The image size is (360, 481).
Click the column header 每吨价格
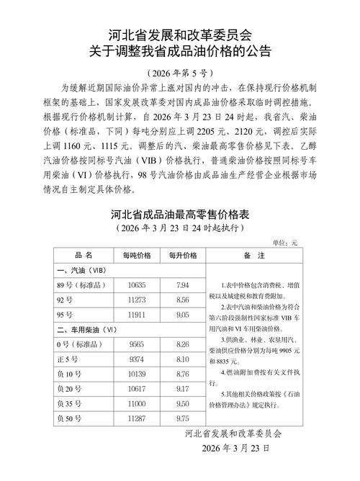137,255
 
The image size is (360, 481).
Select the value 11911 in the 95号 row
137,315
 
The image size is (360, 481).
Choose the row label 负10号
68,374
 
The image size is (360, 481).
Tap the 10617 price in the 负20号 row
137,389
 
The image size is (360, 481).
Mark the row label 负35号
68,403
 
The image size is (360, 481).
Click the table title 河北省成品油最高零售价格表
180,215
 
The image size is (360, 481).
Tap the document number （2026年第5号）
180,73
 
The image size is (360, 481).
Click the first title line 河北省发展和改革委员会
180,34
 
